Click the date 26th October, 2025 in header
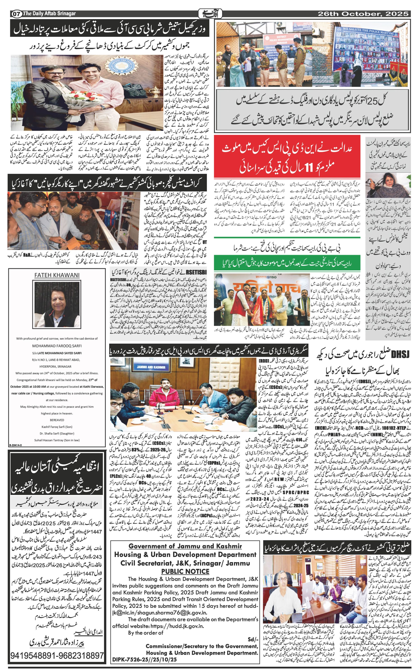pos(363,14)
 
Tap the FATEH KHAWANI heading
pos(57,275)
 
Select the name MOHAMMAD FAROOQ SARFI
pos(57,346)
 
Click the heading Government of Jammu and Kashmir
pos(185,546)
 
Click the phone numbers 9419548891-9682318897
pos(57,656)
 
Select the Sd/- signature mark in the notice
pos(253,639)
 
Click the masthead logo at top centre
pos(210,13)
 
